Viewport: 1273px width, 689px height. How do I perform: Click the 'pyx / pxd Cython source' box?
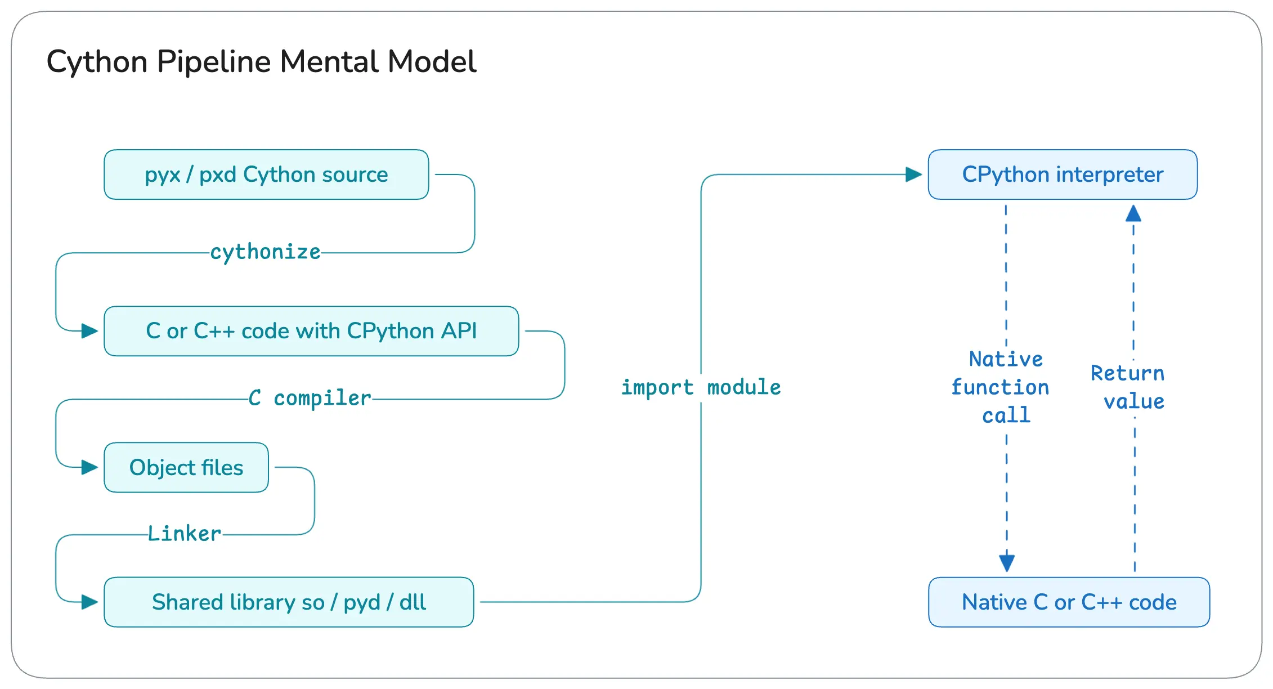pos(266,175)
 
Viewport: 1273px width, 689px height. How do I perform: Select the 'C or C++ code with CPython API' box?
pos(311,331)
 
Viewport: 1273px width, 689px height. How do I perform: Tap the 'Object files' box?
pos(186,467)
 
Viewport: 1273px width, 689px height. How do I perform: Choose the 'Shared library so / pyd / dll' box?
pos(289,602)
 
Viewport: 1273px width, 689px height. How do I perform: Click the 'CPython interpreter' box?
pos(1063,175)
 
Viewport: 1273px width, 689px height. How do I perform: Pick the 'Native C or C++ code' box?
pos(1069,602)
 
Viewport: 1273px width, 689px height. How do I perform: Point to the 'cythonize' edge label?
pos(265,252)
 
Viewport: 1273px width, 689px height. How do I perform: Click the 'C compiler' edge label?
pos(310,399)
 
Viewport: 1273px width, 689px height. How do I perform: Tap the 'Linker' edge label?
pos(185,534)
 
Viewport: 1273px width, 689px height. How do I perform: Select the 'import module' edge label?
pos(701,387)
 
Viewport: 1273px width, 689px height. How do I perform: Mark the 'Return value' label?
pos(1128,387)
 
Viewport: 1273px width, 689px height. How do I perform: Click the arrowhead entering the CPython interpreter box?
pos(914,175)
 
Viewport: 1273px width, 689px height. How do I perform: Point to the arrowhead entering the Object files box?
pos(90,467)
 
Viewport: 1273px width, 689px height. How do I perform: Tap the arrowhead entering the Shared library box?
pos(90,602)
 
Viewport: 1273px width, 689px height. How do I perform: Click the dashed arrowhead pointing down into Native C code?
pos(1007,562)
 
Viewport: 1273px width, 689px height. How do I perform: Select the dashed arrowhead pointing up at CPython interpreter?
pos(1133,214)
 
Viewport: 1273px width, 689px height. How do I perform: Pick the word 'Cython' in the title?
pos(97,62)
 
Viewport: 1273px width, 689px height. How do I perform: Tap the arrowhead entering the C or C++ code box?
pos(90,331)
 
